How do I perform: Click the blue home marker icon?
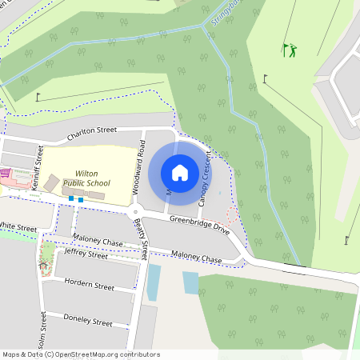point(180,172)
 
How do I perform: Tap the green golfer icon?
point(289,50)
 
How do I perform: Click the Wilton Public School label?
point(86,178)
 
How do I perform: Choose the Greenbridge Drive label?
point(199,225)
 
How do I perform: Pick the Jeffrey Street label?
point(86,254)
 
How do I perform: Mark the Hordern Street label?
point(88,284)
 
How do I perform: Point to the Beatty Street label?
point(141,239)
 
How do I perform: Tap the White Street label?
point(18,227)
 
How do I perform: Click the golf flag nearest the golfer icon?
point(265,78)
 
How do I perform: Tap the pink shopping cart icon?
point(5,172)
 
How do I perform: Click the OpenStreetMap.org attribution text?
point(104,354)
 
